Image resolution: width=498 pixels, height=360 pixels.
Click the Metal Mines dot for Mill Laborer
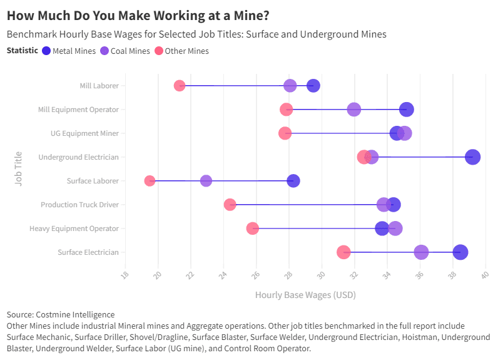tap(313, 86)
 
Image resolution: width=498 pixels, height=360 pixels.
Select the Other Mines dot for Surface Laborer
tap(150, 181)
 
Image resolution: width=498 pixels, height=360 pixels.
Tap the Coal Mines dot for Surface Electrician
tap(421, 252)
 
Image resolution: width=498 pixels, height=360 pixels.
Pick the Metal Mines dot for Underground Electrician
tap(473, 157)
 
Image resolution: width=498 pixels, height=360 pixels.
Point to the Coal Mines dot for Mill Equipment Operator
tap(354, 110)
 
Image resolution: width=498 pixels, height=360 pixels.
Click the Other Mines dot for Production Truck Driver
tap(230, 205)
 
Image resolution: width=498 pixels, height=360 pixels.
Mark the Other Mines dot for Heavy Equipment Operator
tap(253, 229)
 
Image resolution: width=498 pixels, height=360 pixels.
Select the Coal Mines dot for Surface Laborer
tap(206, 181)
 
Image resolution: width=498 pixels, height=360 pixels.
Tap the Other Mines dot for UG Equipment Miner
tap(285, 133)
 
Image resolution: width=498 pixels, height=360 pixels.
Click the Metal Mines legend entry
tap(69, 51)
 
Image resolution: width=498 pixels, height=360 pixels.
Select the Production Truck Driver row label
tap(79, 205)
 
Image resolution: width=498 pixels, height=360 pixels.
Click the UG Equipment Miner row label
tap(84, 133)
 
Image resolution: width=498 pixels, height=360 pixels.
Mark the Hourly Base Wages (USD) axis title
tap(305, 294)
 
